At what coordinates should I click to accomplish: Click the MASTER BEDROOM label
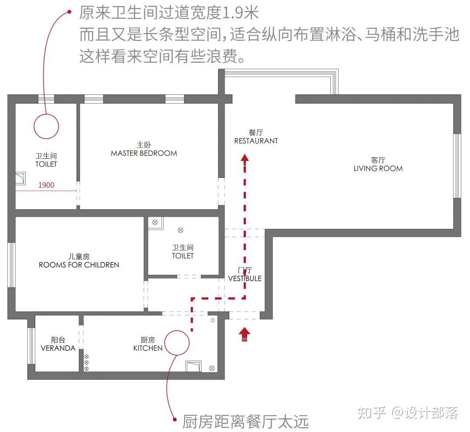[144, 153]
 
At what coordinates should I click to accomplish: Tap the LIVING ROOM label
[378, 168]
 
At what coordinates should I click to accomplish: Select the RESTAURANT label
[256, 141]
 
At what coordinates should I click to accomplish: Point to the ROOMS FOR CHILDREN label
[79, 265]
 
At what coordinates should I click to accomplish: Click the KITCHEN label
[148, 348]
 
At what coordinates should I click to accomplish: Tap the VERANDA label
[58, 348]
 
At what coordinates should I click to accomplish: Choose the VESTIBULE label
[245, 278]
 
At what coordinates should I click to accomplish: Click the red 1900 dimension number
[47, 185]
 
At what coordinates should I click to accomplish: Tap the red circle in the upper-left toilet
[46, 126]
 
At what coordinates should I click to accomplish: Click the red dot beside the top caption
[69, 12]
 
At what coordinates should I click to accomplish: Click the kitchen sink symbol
[193, 366]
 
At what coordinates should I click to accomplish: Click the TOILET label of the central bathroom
[183, 256]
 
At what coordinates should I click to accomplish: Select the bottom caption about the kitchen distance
[245, 421]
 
